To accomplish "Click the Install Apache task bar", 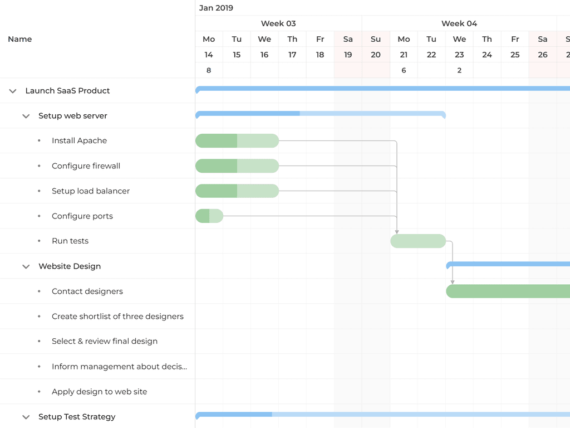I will pos(237,140).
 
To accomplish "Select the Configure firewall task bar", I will pos(237,166).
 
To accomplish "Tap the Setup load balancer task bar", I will pos(237,191).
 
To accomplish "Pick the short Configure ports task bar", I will pos(209,216).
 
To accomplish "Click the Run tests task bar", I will pos(418,241).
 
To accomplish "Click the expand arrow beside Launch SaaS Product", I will pos(13,91).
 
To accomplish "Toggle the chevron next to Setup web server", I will pos(26,116).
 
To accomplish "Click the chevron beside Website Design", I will pos(26,266).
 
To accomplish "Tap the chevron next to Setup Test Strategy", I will pos(26,417).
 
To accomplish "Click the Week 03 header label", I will pos(278,23).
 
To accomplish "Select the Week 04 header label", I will pos(459,23).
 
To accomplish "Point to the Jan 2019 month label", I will pos(216,8).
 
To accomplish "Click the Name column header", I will pos(20,39).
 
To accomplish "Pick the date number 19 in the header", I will pos(348,55).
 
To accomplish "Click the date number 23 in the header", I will pos(459,55).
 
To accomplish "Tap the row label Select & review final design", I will pos(105,341).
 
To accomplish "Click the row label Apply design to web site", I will pos(100,391).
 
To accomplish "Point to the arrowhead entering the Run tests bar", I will pos(397,231).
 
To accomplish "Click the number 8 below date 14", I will pos(209,70).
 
